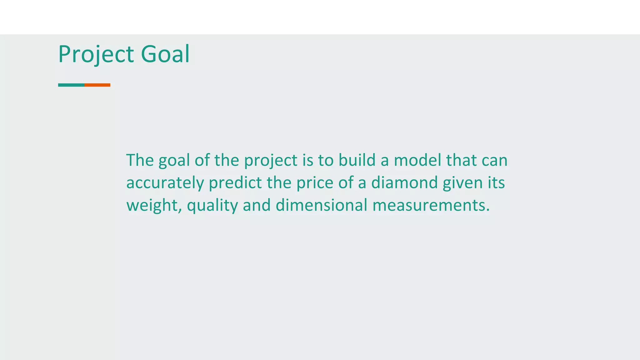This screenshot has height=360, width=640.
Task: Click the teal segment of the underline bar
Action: [x=71, y=85]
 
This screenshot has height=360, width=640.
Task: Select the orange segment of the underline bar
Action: [x=97, y=85]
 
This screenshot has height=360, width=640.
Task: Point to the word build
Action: [x=357, y=160]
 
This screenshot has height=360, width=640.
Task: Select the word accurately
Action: [x=165, y=183]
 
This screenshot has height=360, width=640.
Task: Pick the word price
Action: [x=315, y=183]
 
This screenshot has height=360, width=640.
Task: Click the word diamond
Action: [x=404, y=182]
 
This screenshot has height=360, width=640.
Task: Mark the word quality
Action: [x=212, y=206]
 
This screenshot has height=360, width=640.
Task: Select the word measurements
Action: [x=431, y=205]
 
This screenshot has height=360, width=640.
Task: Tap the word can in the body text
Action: [x=494, y=160]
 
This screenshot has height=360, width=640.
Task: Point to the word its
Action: [x=496, y=183]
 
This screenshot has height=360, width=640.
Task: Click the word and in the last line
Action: [x=257, y=205]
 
